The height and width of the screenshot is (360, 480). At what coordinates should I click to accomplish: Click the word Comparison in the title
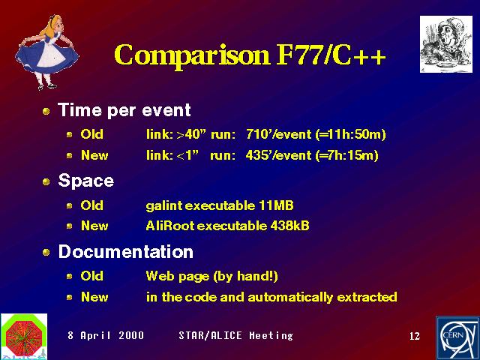(x=192, y=55)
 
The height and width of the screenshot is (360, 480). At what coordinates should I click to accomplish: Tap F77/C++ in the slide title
(x=331, y=55)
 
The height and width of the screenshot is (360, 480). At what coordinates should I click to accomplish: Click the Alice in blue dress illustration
(x=46, y=52)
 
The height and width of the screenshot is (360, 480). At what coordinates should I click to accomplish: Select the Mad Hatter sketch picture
(x=446, y=44)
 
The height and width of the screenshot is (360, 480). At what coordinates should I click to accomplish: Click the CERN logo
(x=458, y=338)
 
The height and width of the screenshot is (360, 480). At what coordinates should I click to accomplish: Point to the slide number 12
(x=415, y=336)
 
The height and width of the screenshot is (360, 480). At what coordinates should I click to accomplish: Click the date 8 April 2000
(x=106, y=335)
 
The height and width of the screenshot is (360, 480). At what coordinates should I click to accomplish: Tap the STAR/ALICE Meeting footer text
(x=235, y=335)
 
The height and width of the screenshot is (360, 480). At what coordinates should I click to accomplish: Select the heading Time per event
(x=124, y=110)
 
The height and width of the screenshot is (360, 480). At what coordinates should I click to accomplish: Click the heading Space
(x=86, y=181)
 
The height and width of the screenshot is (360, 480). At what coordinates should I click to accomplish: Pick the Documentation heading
(x=125, y=252)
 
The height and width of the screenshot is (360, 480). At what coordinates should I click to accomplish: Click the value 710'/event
(x=278, y=134)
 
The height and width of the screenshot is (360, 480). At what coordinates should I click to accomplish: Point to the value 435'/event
(x=278, y=155)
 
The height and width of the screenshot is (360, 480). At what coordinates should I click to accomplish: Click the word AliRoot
(x=170, y=226)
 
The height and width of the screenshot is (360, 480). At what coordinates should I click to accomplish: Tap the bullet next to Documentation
(x=46, y=253)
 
